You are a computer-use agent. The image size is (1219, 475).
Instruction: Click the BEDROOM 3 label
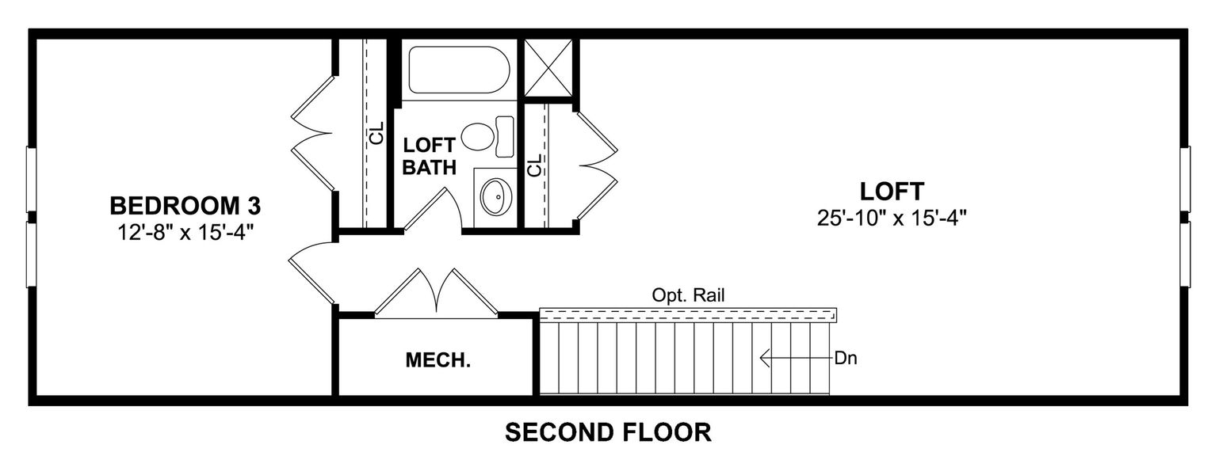click(185, 207)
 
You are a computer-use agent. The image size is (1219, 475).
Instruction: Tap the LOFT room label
click(892, 192)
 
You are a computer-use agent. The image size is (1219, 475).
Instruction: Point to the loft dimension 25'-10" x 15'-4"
click(892, 217)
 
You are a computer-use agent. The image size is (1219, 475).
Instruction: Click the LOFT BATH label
click(429, 156)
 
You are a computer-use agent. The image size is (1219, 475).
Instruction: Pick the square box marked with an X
click(548, 67)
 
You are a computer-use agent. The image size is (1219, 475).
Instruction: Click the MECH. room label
click(438, 361)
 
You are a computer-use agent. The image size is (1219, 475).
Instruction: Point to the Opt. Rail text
click(689, 295)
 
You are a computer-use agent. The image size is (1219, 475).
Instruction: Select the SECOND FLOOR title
click(608, 433)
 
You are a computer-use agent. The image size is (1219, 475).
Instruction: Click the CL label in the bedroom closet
click(376, 133)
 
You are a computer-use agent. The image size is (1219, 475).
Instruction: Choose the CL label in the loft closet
click(535, 165)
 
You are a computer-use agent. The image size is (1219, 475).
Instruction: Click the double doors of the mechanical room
click(436, 293)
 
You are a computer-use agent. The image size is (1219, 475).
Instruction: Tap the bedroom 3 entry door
click(311, 271)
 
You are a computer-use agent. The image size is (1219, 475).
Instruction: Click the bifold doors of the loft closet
click(598, 164)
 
